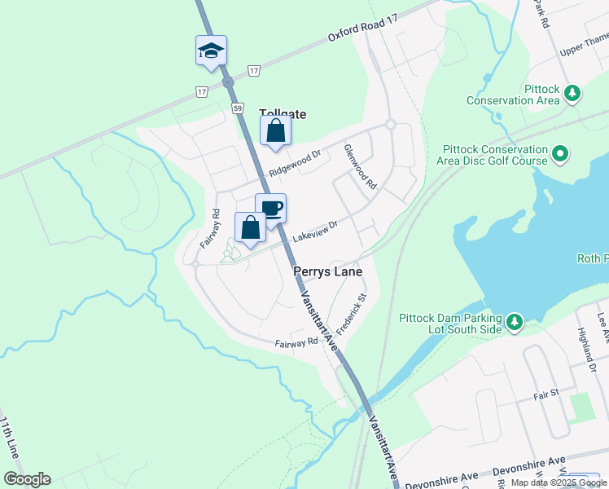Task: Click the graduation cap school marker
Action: point(211,51)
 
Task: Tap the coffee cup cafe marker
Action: point(270,209)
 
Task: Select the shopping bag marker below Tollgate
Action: point(275,131)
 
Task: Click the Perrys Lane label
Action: point(326,271)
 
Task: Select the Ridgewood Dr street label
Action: point(296,163)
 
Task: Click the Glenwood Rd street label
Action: point(360,168)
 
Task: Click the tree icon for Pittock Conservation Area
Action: point(573,94)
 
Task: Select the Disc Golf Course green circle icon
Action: point(560,152)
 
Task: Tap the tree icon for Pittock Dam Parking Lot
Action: point(515,323)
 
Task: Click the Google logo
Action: point(27,479)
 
